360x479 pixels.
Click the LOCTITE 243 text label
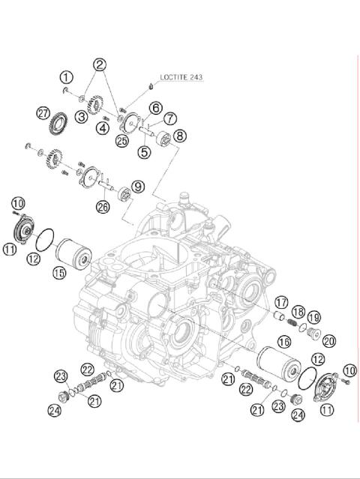point(181,76)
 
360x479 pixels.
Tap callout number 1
point(67,77)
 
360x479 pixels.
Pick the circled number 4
point(103,127)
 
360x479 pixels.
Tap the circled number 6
point(155,109)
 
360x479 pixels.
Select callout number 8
point(179,136)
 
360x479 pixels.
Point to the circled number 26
point(102,207)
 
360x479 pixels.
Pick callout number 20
point(329,340)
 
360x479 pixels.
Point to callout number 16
point(283,342)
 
